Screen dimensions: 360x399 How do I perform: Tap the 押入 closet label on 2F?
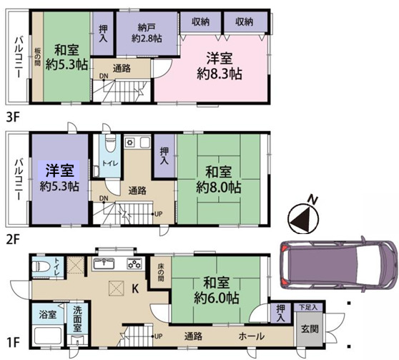(164, 155)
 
